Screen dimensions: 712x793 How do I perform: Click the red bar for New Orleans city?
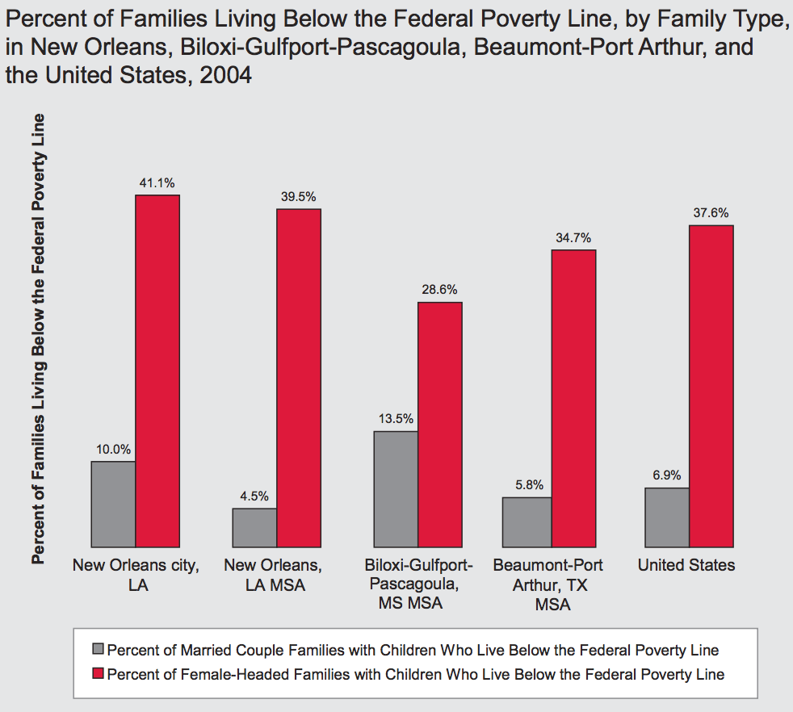157,371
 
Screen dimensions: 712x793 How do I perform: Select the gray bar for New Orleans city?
113,504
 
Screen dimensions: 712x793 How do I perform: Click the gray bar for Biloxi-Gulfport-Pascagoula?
396,489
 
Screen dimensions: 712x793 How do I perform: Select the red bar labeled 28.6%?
439,425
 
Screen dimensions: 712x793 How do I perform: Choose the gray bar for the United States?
666,517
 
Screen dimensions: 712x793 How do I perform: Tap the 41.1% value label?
157,182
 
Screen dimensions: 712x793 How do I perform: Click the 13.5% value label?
396,418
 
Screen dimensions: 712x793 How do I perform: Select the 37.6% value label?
711,213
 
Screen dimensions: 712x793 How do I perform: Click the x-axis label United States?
686,565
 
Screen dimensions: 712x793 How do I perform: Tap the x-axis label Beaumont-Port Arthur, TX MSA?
548,584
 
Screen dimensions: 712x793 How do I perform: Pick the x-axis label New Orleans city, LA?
135,575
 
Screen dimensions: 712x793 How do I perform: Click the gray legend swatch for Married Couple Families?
99,650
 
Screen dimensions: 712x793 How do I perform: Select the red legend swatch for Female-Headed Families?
99,674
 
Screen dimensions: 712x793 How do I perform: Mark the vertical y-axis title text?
38,339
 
